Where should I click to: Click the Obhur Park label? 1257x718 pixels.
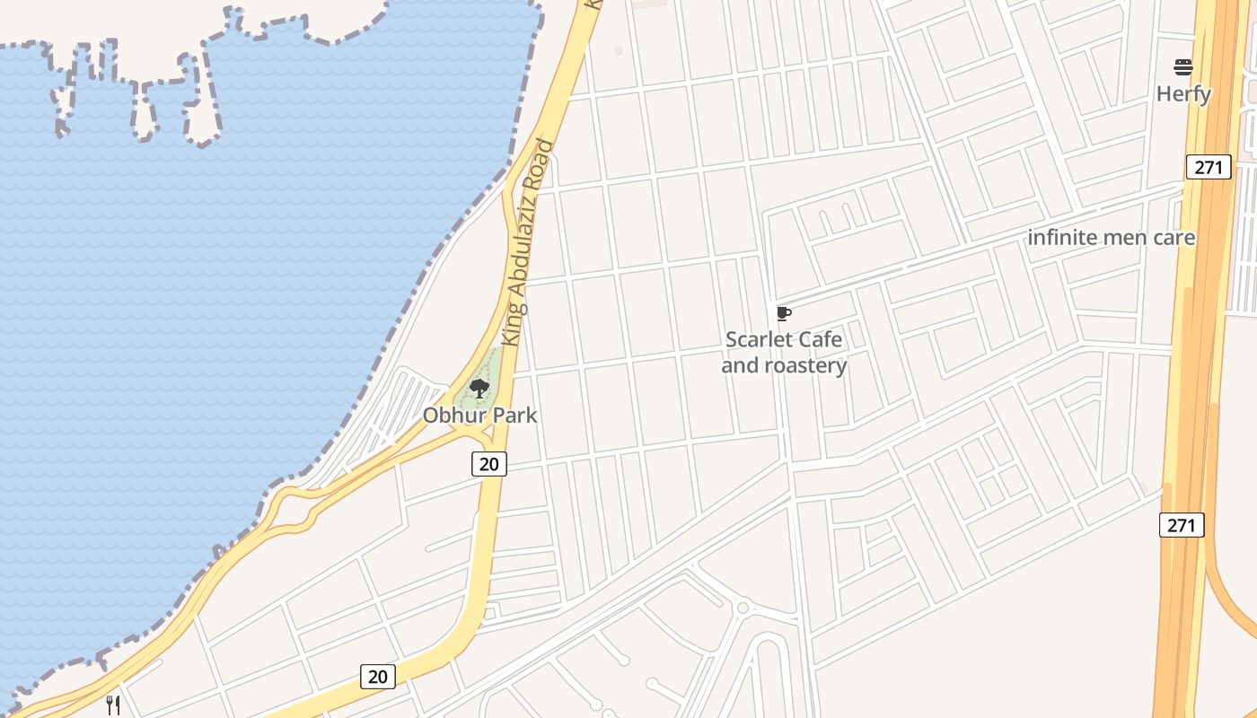479,416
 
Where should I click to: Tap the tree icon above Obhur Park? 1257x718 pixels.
479,389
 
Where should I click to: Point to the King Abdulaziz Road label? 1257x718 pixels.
528,242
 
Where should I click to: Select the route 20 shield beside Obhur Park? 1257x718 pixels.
488,464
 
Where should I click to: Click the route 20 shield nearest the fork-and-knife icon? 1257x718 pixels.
378,677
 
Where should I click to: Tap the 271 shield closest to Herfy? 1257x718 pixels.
1208,166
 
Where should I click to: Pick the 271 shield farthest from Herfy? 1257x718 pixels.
1181,525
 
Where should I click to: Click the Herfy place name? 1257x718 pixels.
1183,94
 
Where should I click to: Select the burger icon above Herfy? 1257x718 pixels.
1183,66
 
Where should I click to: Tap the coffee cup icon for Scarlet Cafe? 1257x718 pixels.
784,313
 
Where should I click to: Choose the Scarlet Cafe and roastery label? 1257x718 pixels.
784,353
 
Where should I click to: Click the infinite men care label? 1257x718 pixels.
1111,238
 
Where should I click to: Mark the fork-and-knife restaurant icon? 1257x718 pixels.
113,705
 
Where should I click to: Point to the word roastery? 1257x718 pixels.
804,366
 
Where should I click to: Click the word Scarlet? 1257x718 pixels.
759,340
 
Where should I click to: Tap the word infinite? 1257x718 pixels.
1061,238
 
